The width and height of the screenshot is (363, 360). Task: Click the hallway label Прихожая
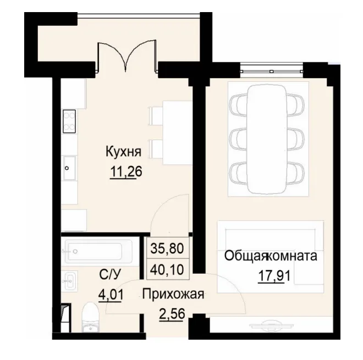tap(173, 295)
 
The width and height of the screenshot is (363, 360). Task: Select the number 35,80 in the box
tap(167, 247)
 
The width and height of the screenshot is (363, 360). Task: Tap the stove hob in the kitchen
tap(69, 122)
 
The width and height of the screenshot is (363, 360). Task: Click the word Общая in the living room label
tap(245, 256)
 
